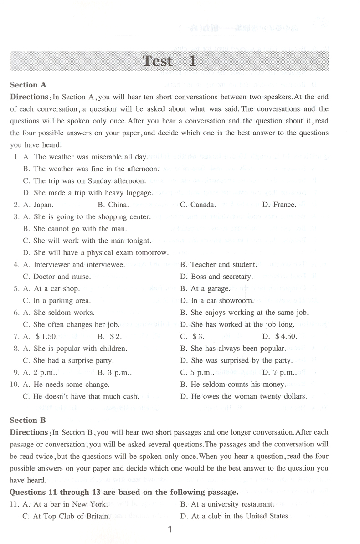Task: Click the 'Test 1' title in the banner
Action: (170, 61)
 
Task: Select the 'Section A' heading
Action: (28, 85)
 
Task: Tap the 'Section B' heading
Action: (28, 420)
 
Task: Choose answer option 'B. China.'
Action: (113, 205)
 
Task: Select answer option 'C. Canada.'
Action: (198, 205)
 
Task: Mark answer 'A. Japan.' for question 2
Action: (38, 205)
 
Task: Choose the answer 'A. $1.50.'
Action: (41, 337)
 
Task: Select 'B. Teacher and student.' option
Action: (218, 264)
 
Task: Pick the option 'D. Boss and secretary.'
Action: (216, 277)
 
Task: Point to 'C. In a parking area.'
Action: (57, 301)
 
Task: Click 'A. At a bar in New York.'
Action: (65, 504)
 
